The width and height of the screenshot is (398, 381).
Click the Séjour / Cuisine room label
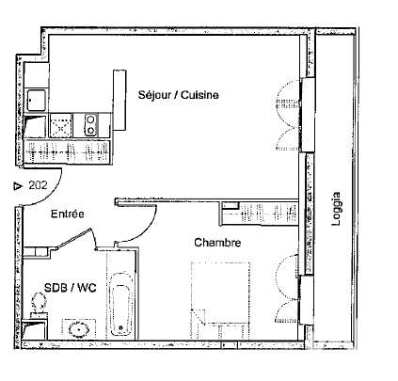[x=179, y=95]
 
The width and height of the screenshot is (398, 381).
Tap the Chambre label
[x=217, y=243]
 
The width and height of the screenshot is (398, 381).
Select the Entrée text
[x=68, y=214]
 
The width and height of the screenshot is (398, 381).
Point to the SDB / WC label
[x=71, y=288]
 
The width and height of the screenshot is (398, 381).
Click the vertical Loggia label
[x=336, y=209]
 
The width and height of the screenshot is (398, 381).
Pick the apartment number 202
[x=38, y=185]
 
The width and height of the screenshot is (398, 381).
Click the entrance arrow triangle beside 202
[x=18, y=186]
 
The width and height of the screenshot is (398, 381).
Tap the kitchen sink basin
[x=36, y=101]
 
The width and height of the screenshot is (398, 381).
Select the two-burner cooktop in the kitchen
[x=90, y=125]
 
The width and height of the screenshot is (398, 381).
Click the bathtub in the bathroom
[x=121, y=304]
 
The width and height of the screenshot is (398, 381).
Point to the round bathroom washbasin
[x=79, y=330]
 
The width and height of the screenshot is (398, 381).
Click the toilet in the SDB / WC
[x=39, y=304]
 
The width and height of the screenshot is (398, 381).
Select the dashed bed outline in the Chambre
[x=220, y=301]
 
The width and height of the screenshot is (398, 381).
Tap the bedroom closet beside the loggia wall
[x=259, y=214]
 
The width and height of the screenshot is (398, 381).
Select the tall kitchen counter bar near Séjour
[x=119, y=100]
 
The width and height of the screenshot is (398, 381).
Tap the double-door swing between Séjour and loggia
[x=289, y=115]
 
